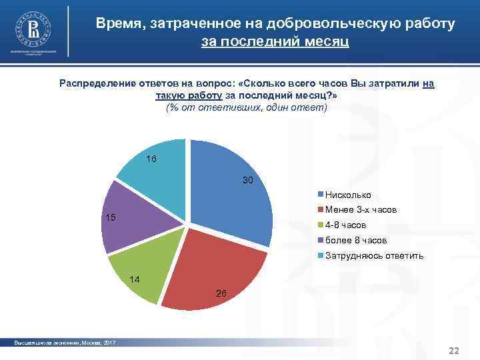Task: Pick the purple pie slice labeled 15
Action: click(130, 217)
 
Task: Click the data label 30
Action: click(248, 181)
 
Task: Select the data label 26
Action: click(222, 293)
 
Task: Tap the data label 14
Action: click(134, 279)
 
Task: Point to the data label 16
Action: click(151, 159)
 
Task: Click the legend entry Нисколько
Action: click(347, 195)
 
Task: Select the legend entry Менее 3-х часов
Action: click(360, 210)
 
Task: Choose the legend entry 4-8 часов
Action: click(345, 225)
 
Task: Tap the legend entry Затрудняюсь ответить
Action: click(370, 255)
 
